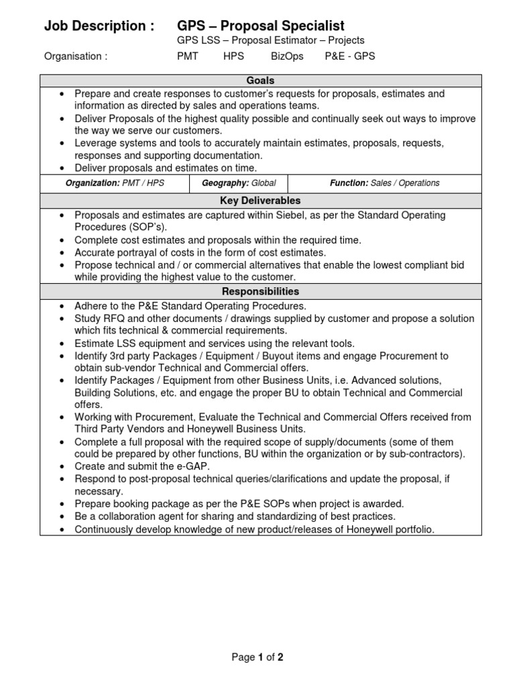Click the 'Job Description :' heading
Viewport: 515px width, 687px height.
[x=99, y=26]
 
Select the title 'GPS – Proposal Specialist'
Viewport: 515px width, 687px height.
[x=260, y=26]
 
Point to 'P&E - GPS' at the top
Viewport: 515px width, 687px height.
[x=349, y=56]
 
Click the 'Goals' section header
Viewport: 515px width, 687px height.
[x=260, y=81]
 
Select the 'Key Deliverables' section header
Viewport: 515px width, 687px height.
[x=260, y=201]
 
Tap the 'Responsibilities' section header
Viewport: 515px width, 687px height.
[x=260, y=292]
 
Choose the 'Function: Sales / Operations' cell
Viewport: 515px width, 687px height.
[x=384, y=183]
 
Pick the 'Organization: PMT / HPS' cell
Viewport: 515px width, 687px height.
[x=114, y=183]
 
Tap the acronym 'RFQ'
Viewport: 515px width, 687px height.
[x=115, y=318]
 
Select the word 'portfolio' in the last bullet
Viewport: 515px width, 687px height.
[x=412, y=529]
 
